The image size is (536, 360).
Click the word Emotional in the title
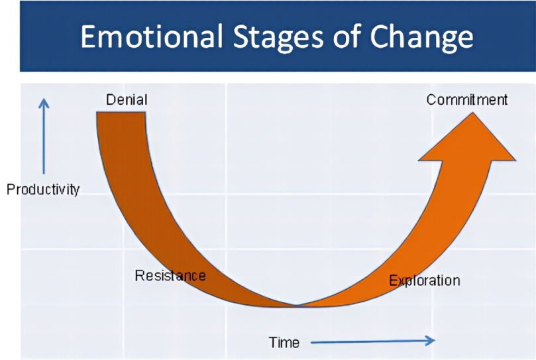[152, 36]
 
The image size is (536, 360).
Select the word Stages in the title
[278, 38]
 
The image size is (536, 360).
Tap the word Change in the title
[421, 38]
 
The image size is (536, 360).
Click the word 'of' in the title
[347, 36]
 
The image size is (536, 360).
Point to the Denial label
[127, 99]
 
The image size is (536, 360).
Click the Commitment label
[467, 99]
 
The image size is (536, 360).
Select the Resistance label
[170, 276]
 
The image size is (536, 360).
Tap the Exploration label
[425, 280]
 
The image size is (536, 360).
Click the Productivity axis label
[43, 189]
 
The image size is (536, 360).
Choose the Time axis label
[284, 343]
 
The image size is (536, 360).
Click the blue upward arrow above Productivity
[44, 136]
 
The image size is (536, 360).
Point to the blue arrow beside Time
[372, 341]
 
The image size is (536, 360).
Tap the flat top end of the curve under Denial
[121, 112]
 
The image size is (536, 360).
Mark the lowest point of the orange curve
[297, 306]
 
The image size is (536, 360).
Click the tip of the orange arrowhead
[473, 113]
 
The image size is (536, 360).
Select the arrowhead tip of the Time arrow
[435, 340]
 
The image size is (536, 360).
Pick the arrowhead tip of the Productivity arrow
[44, 99]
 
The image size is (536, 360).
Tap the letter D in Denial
[111, 99]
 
